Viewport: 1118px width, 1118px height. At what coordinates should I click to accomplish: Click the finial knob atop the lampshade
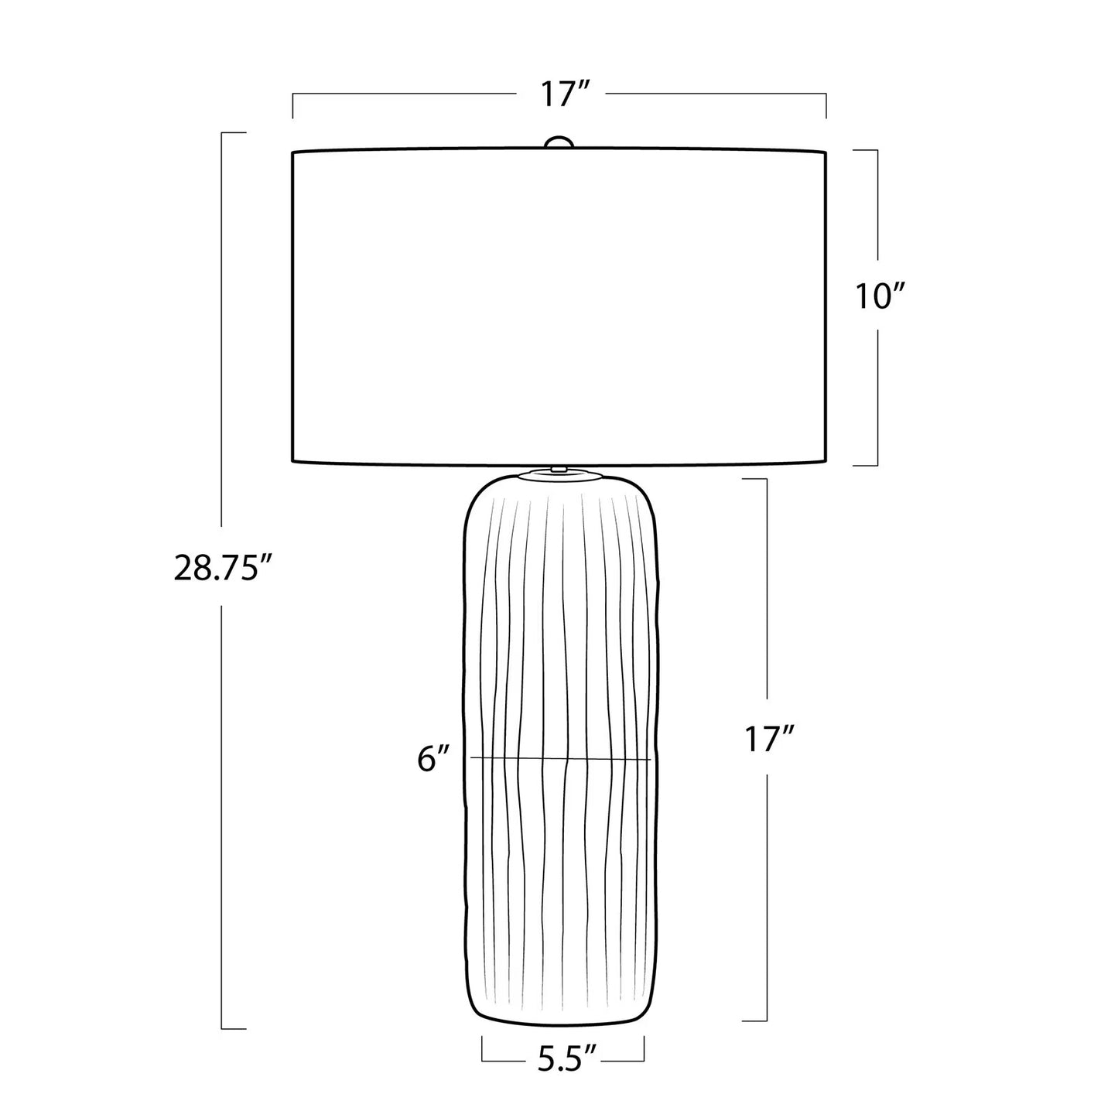point(559,142)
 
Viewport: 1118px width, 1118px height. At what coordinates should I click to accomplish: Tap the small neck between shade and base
point(559,467)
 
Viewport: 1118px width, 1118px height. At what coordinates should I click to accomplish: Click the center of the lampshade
point(559,307)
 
